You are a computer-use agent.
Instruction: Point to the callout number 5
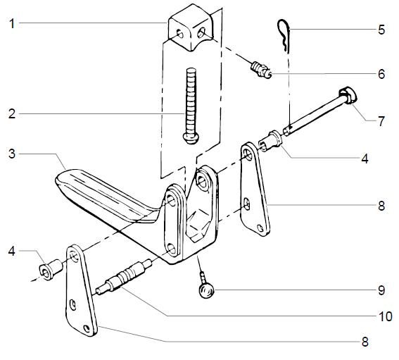[x=381, y=30]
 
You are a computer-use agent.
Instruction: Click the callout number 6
[x=381, y=73]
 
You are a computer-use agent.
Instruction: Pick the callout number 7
[x=381, y=121]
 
